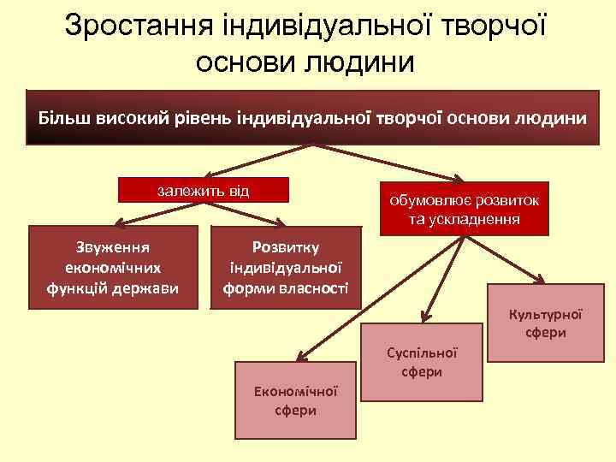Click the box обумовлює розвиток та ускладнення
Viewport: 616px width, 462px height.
(465, 209)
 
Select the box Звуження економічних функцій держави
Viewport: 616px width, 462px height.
(113, 267)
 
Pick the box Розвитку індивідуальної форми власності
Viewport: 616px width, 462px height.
(285, 267)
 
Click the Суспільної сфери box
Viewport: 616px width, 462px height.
(422, 362)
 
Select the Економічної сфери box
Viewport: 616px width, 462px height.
(296, 400)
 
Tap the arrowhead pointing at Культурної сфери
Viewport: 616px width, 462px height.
(541, 279)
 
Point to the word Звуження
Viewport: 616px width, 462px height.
(113, 247)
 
